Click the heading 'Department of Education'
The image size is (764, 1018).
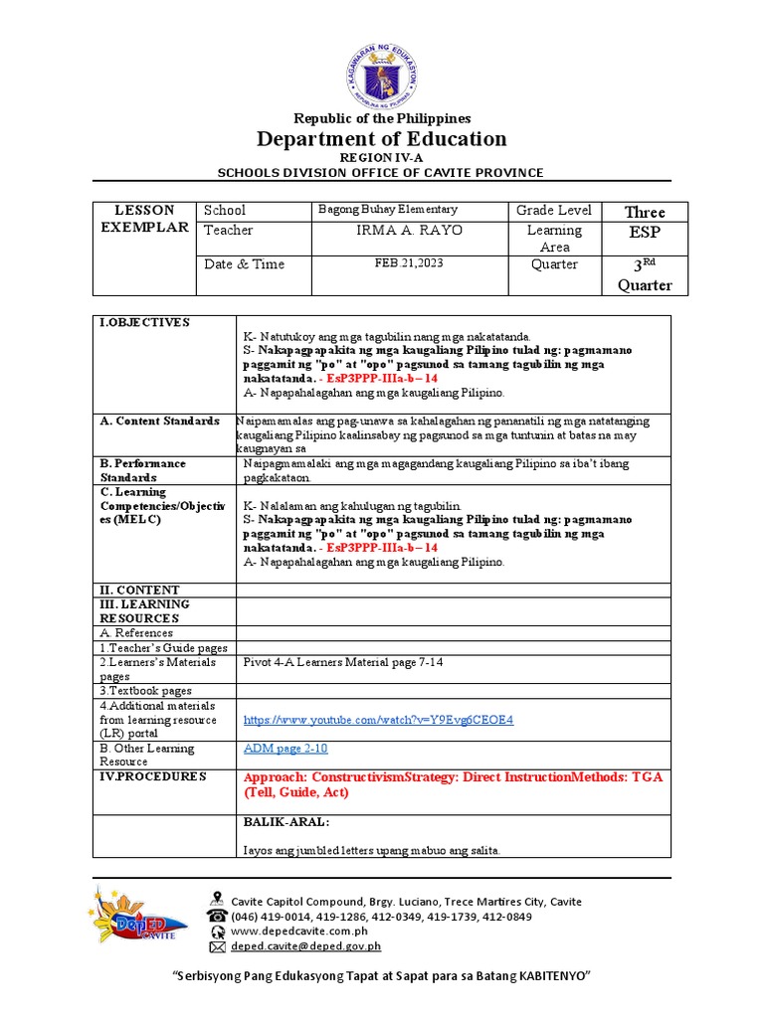tap(382, 138)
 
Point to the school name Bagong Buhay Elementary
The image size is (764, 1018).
tap(387, 210)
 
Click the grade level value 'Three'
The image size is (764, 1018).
tap(644, 212)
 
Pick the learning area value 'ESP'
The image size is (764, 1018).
tap(644, 233)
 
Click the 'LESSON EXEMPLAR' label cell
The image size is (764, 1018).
tap(144, 219)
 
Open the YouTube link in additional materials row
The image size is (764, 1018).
tap(378, 719)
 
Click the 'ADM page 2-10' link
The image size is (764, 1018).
tap(286, 749)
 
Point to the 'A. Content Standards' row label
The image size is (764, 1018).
tap(159, 421)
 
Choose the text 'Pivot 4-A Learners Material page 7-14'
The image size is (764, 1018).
tap(343, 662)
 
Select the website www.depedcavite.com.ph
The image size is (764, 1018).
tap(299, 932)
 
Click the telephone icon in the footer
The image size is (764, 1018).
tap(217, 916)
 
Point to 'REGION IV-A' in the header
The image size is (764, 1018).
tap(382, 158)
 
